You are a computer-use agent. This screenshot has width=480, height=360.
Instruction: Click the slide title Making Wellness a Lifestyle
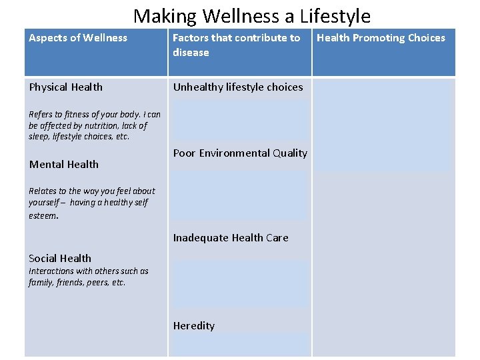pos(251,15)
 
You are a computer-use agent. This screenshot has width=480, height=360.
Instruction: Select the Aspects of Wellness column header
pos(78,38)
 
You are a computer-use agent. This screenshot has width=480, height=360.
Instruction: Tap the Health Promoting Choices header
pos(381,38)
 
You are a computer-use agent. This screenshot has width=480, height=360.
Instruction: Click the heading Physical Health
pos(66,87)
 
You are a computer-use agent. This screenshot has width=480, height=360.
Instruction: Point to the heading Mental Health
pos(64,165)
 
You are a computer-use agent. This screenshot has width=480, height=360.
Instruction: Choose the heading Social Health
pos(60,259)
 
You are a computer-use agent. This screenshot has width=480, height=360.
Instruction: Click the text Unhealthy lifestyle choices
pos(238,87)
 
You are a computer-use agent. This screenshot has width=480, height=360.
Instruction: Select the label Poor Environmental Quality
pos(240,153)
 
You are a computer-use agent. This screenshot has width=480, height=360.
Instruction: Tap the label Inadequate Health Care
pos(231,238)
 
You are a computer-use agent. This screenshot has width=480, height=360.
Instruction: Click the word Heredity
pos(194,326)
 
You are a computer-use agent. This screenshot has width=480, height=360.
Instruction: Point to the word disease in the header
pos(191,53)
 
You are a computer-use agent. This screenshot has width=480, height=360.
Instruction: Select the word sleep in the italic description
pos(39,137)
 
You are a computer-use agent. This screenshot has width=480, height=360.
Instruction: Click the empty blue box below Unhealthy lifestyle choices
pos(240,120)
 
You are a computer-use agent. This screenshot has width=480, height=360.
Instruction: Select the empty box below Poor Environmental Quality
pos(240,195)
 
